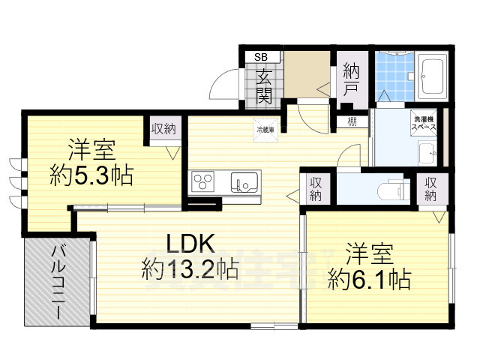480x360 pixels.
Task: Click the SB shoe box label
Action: coord(261,56)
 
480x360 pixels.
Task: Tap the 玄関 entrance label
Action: coord(264,85)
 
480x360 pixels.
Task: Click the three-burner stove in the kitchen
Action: coord(204,182)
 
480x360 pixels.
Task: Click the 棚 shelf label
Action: coord(351,121)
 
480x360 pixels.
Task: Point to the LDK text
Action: coord(190,243)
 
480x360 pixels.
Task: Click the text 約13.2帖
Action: coord(190,268)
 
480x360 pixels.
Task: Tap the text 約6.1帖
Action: coord(369,279)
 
